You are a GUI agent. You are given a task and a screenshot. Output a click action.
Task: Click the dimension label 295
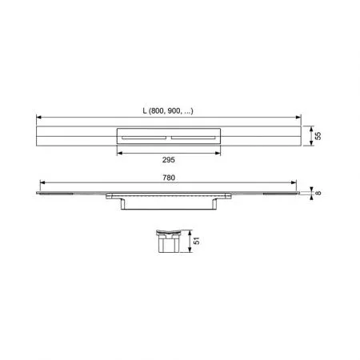tap(169, 160)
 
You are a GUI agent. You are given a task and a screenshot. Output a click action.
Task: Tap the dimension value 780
tap(169, 178)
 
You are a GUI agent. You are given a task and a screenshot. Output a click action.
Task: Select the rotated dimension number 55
tap(318, 136)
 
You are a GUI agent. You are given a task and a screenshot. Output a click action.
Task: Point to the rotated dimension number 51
tap(197, 241)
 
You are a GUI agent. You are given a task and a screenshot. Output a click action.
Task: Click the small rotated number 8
tap(318, 193)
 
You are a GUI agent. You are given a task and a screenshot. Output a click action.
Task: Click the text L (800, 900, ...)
tap(168, 110)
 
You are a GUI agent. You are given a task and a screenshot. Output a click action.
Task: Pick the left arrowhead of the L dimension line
tap(38, 117)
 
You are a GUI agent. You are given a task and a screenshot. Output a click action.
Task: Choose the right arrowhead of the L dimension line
tap(298, 117)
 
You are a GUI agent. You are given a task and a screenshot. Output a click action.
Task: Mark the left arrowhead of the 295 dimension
tap(119, 153)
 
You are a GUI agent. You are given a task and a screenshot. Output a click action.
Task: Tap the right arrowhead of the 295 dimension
tap(218, 153)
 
